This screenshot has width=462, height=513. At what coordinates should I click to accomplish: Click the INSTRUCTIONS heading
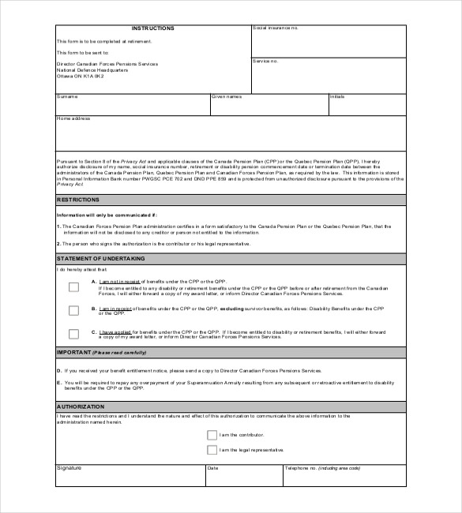(153, 28)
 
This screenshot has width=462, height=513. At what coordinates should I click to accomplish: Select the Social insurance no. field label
(275, 28)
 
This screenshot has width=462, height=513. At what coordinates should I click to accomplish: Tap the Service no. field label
(265, 60)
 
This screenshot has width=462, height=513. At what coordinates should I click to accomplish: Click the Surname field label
(66, 96)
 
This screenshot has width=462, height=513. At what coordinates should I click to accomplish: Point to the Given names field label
(226, 96)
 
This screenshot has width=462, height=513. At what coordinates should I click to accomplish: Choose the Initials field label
(337, 96)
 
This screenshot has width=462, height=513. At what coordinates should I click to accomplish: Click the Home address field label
(73, 118)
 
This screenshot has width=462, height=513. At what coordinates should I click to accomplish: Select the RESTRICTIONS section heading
(77, 200)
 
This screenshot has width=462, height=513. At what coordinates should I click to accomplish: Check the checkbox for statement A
(73, 287)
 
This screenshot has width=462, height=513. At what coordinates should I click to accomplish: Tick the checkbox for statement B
(73, 310)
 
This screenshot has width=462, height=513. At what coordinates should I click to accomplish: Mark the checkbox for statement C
(73, 333)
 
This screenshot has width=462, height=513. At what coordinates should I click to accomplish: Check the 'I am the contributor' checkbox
(212, 434)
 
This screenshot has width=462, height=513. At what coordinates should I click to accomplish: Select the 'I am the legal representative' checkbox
(212, 450)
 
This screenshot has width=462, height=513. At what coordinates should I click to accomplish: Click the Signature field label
(68, 468)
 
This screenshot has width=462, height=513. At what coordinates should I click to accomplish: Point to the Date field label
(212, 468)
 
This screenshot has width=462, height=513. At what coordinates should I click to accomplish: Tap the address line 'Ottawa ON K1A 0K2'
(80, 75)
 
